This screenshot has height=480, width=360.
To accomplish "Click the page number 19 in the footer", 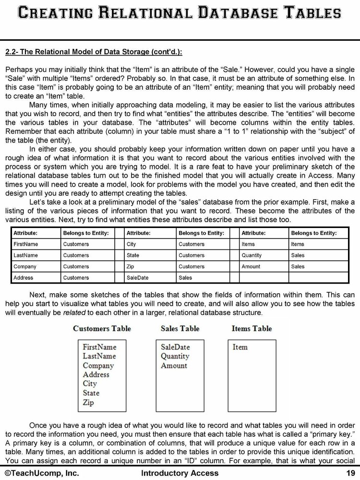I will pyautogui.click(x=350, y=473).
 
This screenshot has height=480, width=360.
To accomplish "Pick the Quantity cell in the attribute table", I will pyautogui.click(x=252, y=255).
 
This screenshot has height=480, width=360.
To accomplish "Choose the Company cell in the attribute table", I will pyautogui.click(x=25, y=266).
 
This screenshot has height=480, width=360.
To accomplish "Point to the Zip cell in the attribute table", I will pyautogui.click(x=131, y=266).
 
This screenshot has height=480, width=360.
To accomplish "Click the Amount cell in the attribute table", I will pyautogui.click(x=251, y=266).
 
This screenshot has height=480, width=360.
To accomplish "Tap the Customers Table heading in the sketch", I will pyautogui.click(x=102, y=329).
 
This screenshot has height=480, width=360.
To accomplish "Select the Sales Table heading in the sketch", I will pyautogui.click(x=180, y=329).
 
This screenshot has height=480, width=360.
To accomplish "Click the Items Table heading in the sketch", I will pyautogui.click(x=252, y=329).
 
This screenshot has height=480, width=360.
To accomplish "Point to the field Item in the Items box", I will pyautogui.click(x=240, y=347).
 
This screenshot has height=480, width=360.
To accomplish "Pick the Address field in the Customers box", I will pyautogui.click(x=96, y=374).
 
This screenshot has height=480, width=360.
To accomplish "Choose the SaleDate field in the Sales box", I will pyautogui.click(x=175, y=347).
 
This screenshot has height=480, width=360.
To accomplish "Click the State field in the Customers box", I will pyautogui.click(x=91, y=393).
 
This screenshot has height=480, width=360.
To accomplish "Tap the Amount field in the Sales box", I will pyautogui.click(x=174, y=365).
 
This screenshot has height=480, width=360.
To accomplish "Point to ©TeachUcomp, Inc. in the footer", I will pyautogui.click(x=42, y=473).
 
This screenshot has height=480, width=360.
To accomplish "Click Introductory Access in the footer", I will pyautogui.click(x=180, y=473).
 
